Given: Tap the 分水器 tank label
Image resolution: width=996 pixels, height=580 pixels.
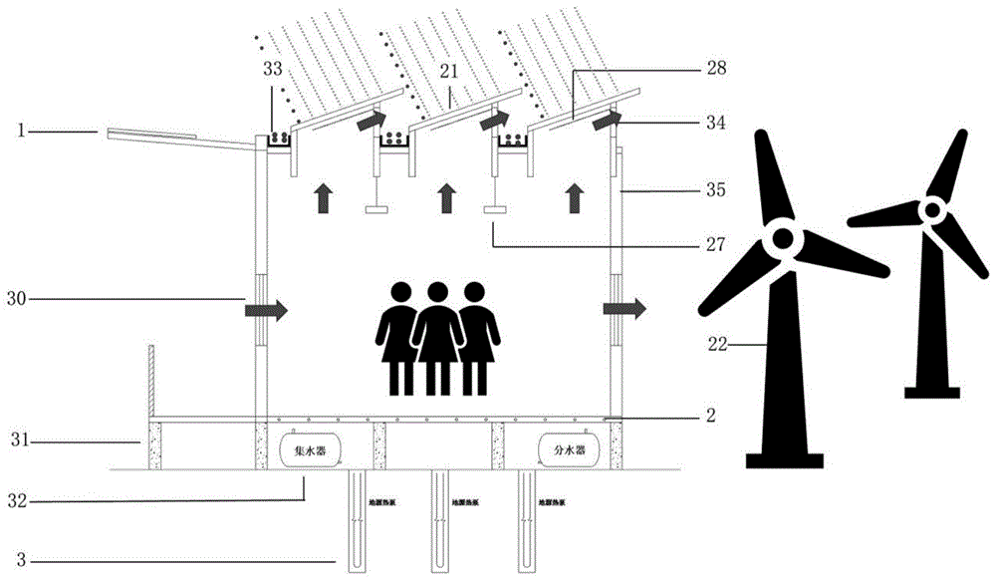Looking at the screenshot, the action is (x=561, y=450).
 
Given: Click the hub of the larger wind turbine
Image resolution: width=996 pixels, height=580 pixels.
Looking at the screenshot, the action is (x=780, y=240).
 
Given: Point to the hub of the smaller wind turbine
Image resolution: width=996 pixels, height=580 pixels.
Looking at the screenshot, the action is (x=931, y=209).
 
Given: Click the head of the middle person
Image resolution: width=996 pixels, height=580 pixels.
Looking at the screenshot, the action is (x=435, y=294).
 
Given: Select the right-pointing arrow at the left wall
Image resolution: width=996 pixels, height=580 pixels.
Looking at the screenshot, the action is (x=266, y=311).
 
